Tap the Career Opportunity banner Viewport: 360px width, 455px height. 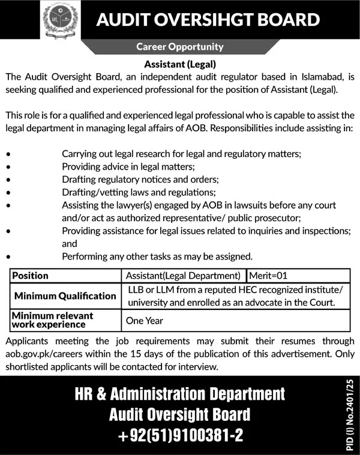[180, 46]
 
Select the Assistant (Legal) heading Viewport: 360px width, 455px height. [179, 62]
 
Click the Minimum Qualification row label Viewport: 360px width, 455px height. [65, 296]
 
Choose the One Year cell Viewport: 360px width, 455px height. [144, 321]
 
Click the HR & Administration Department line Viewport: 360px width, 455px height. [179, 394]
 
